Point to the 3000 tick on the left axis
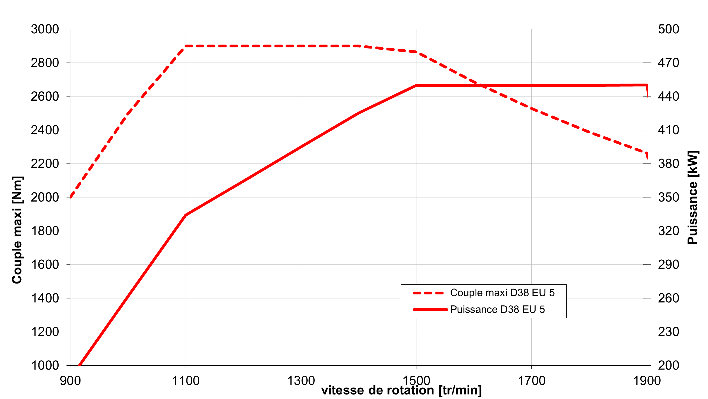45,29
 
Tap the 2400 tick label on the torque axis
45,130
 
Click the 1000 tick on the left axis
45,366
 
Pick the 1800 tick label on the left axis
45,231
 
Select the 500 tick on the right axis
668,29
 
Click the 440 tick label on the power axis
668,96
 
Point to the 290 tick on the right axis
668,265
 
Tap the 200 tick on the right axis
668,366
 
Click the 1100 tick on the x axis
186,381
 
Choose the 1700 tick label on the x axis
531,381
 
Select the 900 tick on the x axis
70,381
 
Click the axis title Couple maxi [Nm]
17,230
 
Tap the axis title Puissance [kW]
692,197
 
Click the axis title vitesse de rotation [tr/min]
401,390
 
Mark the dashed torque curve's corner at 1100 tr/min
186,46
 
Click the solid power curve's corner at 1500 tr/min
416,85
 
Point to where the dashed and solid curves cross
480,85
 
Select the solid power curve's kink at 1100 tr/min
186,215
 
